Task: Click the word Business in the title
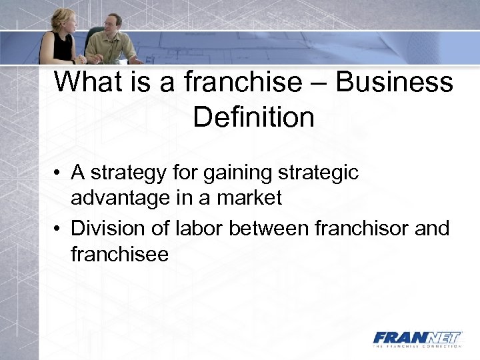[x=395, y=83]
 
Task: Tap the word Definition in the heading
[x=253, y=117]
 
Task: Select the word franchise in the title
[x=241, y=83]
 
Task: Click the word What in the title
[x=87, y=83]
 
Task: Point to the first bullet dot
[x=59, y=174]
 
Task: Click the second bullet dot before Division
[x=59, y=229]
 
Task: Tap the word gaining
[x=235, y=174]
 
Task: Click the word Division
[x=103, y=229]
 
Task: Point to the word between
[x=269, y=229]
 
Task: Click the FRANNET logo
[x=417, y=337]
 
